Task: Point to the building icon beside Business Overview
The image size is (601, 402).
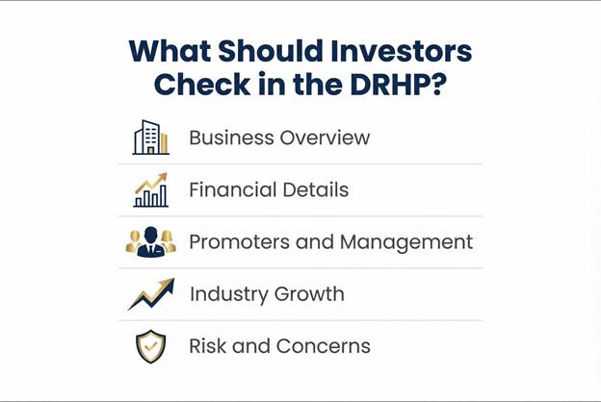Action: pos(150,138)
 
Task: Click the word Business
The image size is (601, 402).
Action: pos(230,138)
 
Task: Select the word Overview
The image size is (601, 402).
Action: pos(325,138)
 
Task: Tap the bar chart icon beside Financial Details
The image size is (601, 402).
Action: pos(150,189)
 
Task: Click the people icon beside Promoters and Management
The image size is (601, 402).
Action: pos(150,241)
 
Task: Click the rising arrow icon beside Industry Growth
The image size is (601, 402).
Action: pos(150,293)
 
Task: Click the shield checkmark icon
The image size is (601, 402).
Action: pos(150,345)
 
